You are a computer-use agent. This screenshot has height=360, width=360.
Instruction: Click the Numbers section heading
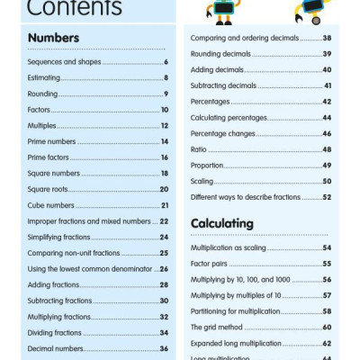[x=53, y=38]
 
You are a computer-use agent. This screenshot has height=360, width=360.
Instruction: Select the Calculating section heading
[x=222, y=223]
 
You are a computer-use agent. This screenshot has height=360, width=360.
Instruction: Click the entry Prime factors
[x=49, y=157]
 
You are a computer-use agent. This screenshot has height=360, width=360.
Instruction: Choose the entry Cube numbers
[x=50, y=205]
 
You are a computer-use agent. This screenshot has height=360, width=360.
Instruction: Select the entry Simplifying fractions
[x=61, y=237]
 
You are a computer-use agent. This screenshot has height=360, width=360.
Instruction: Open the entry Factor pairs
[x=211, y=264]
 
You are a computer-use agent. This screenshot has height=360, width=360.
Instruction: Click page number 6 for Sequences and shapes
[x=166, y=62]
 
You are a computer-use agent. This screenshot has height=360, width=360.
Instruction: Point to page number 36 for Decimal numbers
[x=165, y=348]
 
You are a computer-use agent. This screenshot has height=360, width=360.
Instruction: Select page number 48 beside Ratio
[x=327, y=149]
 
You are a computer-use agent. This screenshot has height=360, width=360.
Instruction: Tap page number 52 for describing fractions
[x=327, y=197]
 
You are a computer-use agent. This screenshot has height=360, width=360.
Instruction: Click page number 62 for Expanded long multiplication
[x=327, y=344]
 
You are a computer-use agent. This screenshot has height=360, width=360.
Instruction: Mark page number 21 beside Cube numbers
[x=165, y=205]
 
